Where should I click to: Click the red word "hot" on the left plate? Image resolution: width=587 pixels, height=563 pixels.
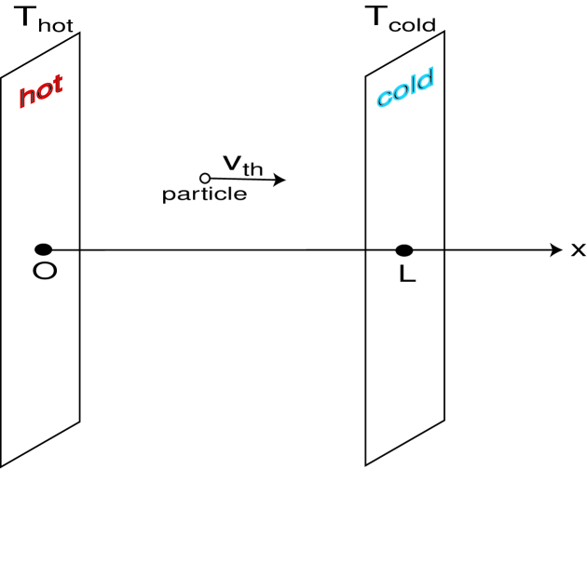(41, 90)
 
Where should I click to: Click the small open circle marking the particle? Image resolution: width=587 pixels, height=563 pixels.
(205, 178)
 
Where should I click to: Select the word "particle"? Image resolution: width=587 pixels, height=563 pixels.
(204, 194)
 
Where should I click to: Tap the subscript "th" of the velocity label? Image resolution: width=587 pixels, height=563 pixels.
(253, 169)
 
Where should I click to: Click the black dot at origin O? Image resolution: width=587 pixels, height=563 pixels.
(43, 249)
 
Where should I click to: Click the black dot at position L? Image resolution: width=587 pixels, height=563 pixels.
(403, 250)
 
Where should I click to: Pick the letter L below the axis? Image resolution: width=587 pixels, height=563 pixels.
(406, 275)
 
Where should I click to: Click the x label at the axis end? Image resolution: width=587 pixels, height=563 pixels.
(578, 249)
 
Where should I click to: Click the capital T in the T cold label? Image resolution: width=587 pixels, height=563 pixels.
(373, 18)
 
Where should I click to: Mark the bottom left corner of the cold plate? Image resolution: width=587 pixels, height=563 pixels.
(365, 464)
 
